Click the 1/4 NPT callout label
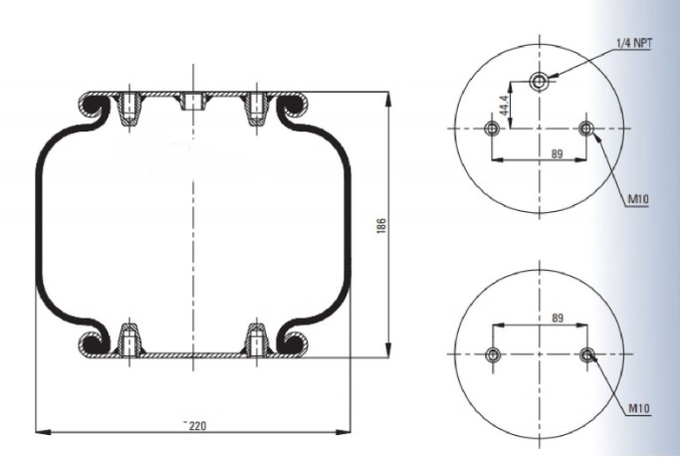[x=633, y=43]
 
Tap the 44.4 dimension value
[x=504, y=106]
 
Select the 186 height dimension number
[x=380, y=226]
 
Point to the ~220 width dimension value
[x=195, y=425]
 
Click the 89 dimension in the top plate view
[x=557, y=153]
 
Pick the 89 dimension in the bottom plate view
[x=558, y=318]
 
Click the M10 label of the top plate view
[x=638, y=199]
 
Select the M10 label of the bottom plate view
[x=639, y=408]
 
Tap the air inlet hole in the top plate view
[x=539, y=81]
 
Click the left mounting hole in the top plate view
[x=492, y=128]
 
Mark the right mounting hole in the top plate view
[x=586, y=128]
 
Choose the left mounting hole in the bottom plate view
[x=493, y=354]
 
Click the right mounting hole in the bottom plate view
[x=587, y=354]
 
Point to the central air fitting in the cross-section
[x=192, y=102]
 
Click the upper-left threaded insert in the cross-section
[x=128, y=109]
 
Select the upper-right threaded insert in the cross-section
[x=257, y=109]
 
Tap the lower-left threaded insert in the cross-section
[x=128, y=340]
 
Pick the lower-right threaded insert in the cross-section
[x=257, y=340]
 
